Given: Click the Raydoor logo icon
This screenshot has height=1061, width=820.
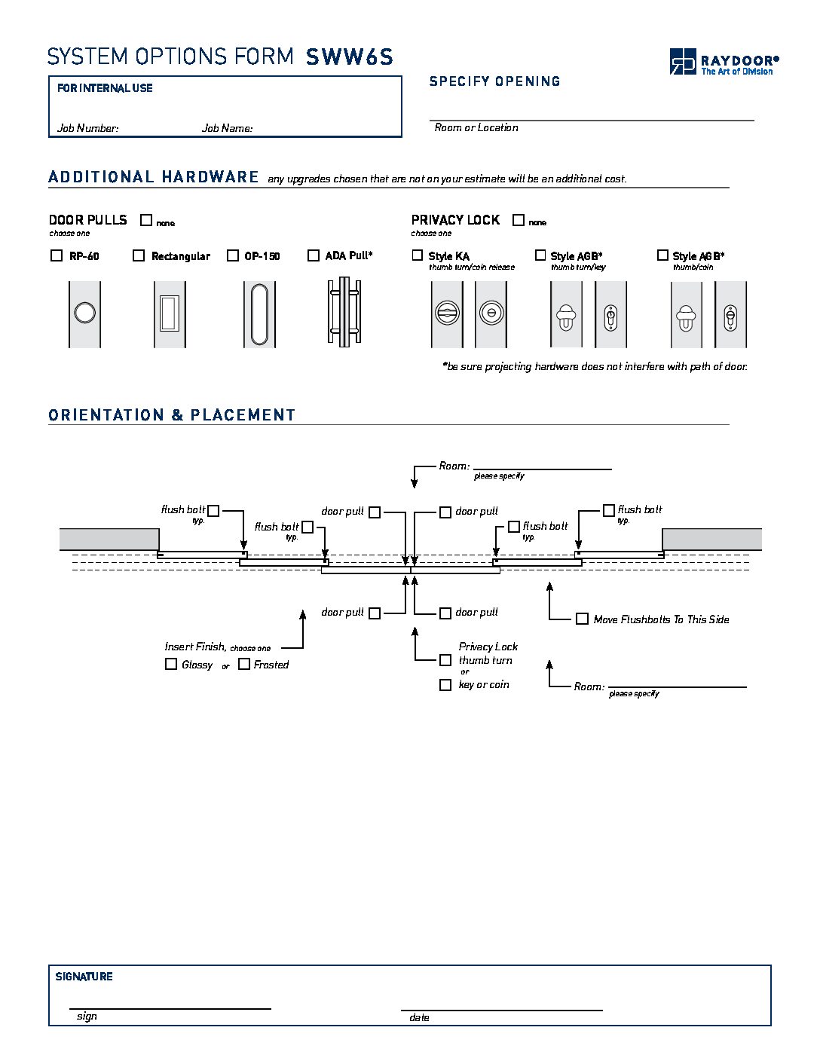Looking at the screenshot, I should tap(682, 61).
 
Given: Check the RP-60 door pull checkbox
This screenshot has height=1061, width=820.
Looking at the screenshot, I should tap(57, 255).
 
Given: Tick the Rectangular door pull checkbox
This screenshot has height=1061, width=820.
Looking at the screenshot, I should tap(139, 255).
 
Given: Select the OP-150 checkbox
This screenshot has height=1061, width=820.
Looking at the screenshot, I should tap(233, 255).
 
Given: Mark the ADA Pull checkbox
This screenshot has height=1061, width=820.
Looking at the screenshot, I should tap(314, 255).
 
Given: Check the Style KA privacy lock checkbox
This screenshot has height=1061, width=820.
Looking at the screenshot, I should tap(418, 255).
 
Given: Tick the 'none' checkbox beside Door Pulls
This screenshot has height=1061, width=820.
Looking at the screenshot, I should tap(146, 220).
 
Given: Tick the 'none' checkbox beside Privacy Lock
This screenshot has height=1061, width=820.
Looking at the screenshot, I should tap(519, 220).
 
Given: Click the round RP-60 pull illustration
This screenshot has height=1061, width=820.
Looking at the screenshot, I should tap(84, 313).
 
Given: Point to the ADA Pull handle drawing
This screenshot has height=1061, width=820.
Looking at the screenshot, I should tap(344, 312).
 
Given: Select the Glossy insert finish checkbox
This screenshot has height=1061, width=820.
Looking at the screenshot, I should tap(171, 664).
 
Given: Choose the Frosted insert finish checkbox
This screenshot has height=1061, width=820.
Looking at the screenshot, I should tap(244, 664).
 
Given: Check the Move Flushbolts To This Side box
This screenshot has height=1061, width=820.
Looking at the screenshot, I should tap(582, 619).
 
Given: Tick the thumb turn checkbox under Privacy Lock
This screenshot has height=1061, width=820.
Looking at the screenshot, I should tap(445, 660).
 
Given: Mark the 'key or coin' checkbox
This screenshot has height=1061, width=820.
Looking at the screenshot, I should tap(445, 685).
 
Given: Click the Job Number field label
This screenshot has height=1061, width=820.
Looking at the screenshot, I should tap(87, 128).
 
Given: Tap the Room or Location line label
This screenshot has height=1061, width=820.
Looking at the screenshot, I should tap(476, 127).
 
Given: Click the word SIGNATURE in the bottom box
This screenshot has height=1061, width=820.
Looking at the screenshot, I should tap(84, 977).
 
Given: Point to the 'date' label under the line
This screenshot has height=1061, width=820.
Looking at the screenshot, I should tap(419, 1017).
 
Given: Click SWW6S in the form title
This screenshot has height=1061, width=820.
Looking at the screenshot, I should tap(350, 57).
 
